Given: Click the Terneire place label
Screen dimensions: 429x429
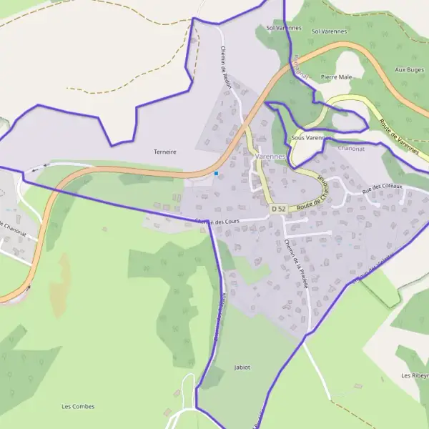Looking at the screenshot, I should click(x=164, y=152).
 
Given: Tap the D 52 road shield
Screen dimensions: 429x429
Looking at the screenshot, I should click(x=279, y=208).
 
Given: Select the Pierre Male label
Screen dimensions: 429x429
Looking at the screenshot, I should click(x=337, y=77).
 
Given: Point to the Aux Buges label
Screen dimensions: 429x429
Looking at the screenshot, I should click(x=410, y=70).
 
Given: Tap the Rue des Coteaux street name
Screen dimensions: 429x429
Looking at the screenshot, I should click(x=383, y=188).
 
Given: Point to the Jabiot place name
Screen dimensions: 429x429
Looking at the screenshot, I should click(x=242, y=367).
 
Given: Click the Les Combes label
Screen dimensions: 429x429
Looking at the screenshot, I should click(x=78, y=407).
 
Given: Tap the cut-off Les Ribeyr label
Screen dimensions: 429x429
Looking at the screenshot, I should click(x=415, y=375).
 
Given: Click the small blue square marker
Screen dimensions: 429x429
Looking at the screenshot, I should click(x=216, y=173).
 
